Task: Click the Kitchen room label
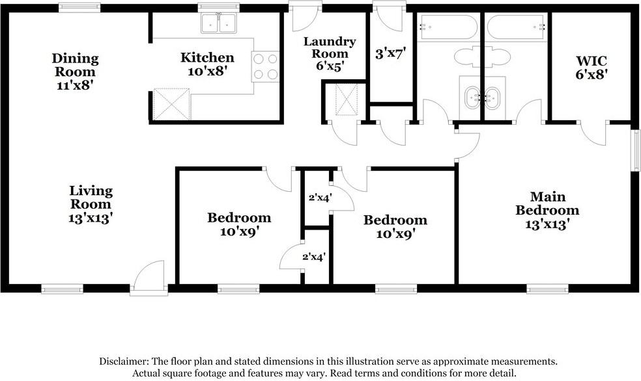(x=207, y=57)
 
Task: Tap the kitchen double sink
(x=219, y=23)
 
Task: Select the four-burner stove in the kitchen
(x=265, y=66)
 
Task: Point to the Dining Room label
(x=75, y=65)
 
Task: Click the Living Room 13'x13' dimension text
(x=91, y=218)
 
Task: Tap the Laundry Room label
(x=330, y=47)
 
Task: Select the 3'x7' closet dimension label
(x=390, y=53)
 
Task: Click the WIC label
(x=591, y=60)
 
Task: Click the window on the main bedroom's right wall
(x=636, y=150)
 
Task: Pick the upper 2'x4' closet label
(x=320, y=198)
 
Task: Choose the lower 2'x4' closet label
(x=313, y=257)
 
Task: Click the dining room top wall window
(x=79, y=7)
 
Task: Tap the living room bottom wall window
(x=63, y=289)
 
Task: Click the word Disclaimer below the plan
(x=124, y=361)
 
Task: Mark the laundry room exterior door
(x=305, y=16)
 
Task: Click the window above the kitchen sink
(x=219, y=7)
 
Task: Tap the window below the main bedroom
(x=547, y=289)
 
